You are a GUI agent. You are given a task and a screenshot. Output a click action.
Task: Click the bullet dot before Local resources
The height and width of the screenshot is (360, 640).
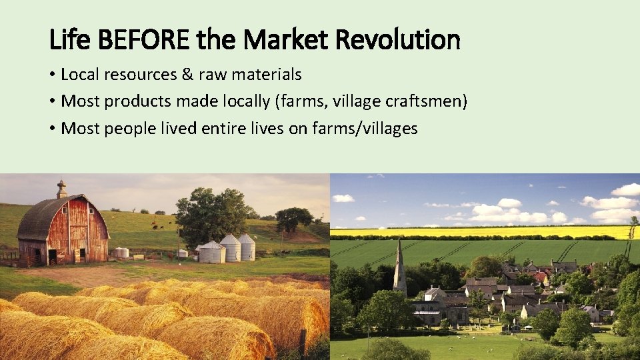[x=52, y=75]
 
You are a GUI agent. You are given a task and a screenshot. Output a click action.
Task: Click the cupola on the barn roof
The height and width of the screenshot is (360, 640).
[x=61, y=189]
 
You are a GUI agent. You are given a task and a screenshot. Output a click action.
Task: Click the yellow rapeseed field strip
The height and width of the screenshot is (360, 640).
[x=480, y=232]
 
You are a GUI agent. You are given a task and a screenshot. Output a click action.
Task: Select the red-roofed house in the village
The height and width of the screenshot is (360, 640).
[x=541, y=276]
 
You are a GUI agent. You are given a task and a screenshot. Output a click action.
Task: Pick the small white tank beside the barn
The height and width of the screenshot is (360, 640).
[x=121, y=253]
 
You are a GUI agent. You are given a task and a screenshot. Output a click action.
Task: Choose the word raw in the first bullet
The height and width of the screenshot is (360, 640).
[x=214, y=75]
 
